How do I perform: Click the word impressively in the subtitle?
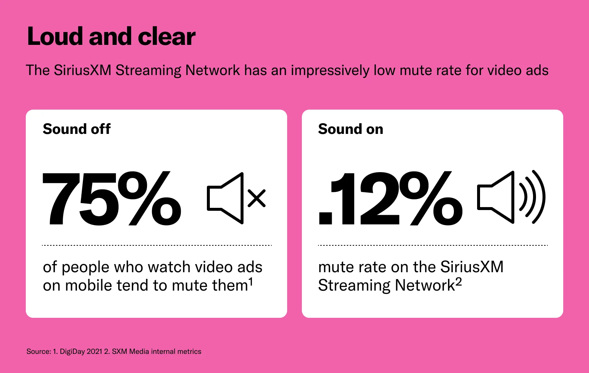click(330, 70)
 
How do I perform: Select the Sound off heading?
click(77, 129)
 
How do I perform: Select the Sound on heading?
click(350, 129)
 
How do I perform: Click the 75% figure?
click(112, 199)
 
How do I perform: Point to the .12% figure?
click(391, 199)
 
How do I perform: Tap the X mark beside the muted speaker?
click(257, 198)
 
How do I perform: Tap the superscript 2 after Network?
click(458, 282)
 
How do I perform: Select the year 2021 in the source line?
click(94, 352)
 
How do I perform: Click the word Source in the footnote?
click(38, 352)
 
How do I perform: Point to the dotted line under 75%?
click(157, 245)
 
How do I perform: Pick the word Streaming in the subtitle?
click(148, 70)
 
